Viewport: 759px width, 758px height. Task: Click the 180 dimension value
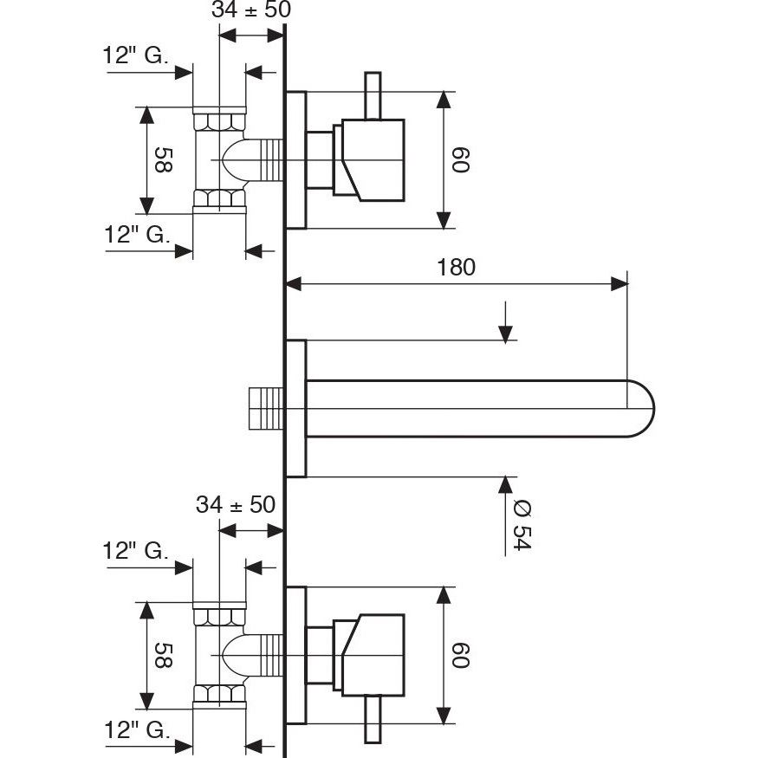click(456, 267)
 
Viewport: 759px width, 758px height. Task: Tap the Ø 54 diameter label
click(520, 524)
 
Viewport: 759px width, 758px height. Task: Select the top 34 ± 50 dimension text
click(251, 10)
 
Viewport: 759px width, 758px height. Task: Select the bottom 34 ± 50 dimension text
click(236, 504)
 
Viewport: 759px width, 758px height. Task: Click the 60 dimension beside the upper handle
click(459, 159)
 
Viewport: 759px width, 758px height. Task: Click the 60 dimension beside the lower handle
click(459, 654)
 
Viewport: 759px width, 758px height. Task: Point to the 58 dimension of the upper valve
click(161, 160)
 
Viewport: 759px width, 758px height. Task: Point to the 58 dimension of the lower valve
click(161, 655)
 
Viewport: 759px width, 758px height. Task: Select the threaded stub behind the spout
click(267, 408)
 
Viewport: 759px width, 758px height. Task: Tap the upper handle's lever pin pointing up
click(373, 95)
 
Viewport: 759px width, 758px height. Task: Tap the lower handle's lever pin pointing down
click(373, 719)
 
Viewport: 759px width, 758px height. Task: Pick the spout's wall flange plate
click(296, 408)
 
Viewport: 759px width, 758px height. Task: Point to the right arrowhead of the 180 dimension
click(619, 283)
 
